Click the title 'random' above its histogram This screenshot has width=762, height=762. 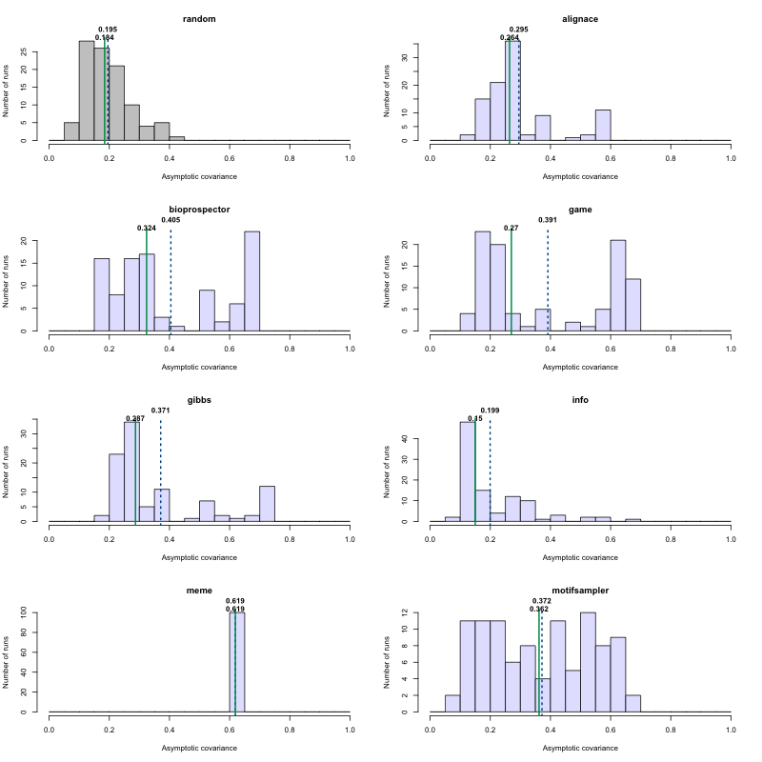199,19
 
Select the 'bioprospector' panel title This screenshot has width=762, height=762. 199,210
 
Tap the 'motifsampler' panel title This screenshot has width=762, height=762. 580,591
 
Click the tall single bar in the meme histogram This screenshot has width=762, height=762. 237,662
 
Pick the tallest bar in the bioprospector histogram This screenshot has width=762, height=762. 251,281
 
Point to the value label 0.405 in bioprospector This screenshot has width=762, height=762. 170,220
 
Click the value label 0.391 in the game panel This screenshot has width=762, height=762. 548,220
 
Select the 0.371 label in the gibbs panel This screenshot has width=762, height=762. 160,411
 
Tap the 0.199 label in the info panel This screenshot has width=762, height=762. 490,411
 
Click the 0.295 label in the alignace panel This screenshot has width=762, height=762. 519,30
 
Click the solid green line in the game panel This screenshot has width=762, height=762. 511,281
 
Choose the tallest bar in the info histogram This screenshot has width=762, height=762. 467,471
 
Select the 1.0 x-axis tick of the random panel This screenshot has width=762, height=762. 350,159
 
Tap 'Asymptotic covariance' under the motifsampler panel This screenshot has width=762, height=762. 580,748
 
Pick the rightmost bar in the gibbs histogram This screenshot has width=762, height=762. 267,504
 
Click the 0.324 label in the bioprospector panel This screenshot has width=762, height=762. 147,229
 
